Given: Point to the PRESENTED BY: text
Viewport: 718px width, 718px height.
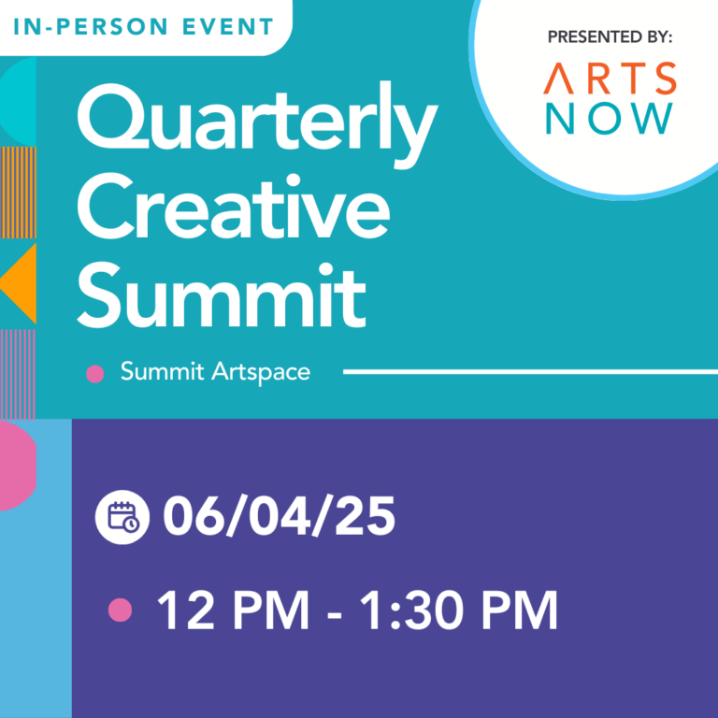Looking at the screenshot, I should pyautogui.click(x=610, y=37).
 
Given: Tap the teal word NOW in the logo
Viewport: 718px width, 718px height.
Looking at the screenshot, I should pyautogui.click(x=610, y=119).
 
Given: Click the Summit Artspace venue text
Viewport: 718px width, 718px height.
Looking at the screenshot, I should pyautogui.click(x=215, y=372).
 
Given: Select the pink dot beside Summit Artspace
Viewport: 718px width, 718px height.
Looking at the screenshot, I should pyautogui.click(x=94, y=374).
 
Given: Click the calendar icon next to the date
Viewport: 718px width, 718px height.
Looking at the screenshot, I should pyautogui.click(x=122, y=517).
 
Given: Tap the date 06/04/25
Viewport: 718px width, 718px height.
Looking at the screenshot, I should pyautogui.click(x=279, y=517).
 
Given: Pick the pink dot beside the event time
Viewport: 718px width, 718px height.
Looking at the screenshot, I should pyautogui.click(x=120, y=610).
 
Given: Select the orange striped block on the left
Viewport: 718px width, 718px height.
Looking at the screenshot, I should pyautogui.click(x=18, y=192).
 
